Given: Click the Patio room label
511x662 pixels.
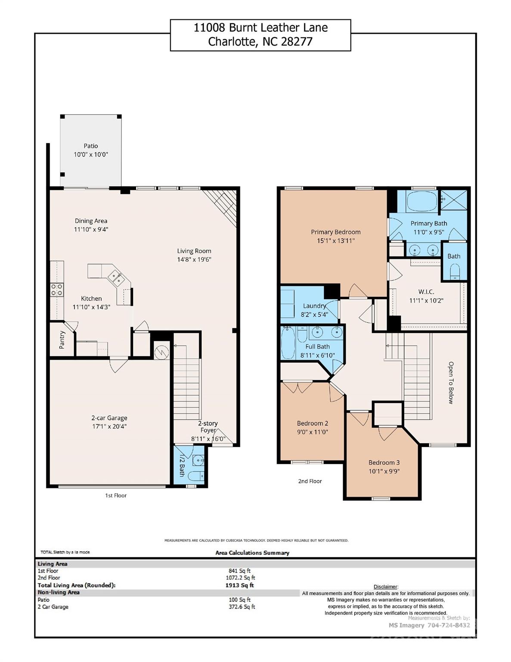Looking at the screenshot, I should [x=91, y=146].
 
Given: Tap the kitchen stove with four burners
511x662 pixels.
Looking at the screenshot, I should [x=57, y=289].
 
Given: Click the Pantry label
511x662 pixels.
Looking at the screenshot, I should [x=62, y=340].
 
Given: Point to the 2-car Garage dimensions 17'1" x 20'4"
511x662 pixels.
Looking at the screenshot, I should [x=109, y=427].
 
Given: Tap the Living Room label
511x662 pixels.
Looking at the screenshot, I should [x=194, y=251].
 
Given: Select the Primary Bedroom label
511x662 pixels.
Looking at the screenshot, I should [x=336, y=232].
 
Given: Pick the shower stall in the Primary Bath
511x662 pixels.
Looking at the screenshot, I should [x=453, y=200].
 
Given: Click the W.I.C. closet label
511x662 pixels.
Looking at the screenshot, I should [x=426, y=292].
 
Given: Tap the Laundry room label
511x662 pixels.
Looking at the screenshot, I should [x=314, y=306].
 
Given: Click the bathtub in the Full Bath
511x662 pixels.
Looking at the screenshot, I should [x=287, y=343].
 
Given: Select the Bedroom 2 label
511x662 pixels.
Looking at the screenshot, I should [x=313, y=423].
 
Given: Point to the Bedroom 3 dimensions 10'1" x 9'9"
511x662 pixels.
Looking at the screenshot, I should [x=384, y=471].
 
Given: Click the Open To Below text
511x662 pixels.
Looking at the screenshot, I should [x=451, y=382].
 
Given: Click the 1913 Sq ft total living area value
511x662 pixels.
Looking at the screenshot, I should [x=239, y=585].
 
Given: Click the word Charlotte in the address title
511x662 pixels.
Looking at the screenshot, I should [x=233, y=42].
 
